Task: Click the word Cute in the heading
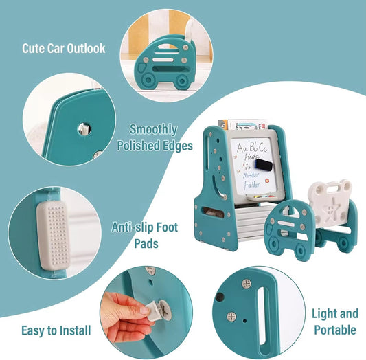(34, 48)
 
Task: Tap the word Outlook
(86, 48)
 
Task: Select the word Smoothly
(153, 130)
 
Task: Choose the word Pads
(146, 243)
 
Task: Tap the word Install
(75, 330)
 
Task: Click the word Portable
(335, 330)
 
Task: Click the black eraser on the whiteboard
(264, 165)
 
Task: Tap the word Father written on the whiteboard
(252, 185)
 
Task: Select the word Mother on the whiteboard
(251, 175)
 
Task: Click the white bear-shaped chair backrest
(330, 202)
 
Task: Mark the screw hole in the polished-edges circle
(84, 129)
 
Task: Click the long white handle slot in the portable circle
(262, 317)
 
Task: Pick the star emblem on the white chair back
(329, 211)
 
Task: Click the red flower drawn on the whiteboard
(267, 181)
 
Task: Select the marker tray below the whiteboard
(261, 198)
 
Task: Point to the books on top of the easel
(243, 124)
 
